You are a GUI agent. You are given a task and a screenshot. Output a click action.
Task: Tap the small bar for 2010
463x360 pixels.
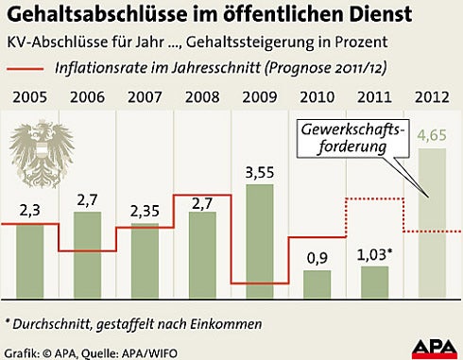pos(317,283)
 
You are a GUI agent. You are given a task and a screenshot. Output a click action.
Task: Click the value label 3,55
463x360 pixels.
pos(259,171)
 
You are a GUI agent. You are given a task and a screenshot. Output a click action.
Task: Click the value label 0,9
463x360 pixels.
pos(317,258)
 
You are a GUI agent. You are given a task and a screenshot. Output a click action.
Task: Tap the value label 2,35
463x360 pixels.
pos(144,211)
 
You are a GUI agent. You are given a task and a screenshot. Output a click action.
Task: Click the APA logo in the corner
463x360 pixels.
pos(434,344)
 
